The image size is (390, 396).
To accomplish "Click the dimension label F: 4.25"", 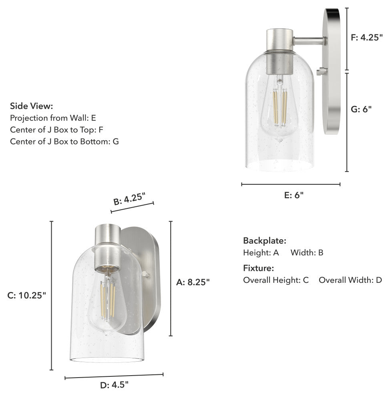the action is tap(366, 37).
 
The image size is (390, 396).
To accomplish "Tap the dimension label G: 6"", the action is tap(361, 109).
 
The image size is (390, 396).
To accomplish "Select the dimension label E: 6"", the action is tap(294, 195).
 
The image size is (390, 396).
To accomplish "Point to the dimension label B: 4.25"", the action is tap(129, 198).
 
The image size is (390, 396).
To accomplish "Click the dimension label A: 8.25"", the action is tap(193, 282).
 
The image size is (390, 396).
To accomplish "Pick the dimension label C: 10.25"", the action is tap(27, 295).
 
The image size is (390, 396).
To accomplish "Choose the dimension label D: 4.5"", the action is tap(114, 385).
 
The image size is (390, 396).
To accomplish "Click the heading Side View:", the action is tap(32, 106).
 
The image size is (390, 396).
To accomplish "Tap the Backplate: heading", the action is tap(265, 240).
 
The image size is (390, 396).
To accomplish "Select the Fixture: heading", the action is tap(259, 268).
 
